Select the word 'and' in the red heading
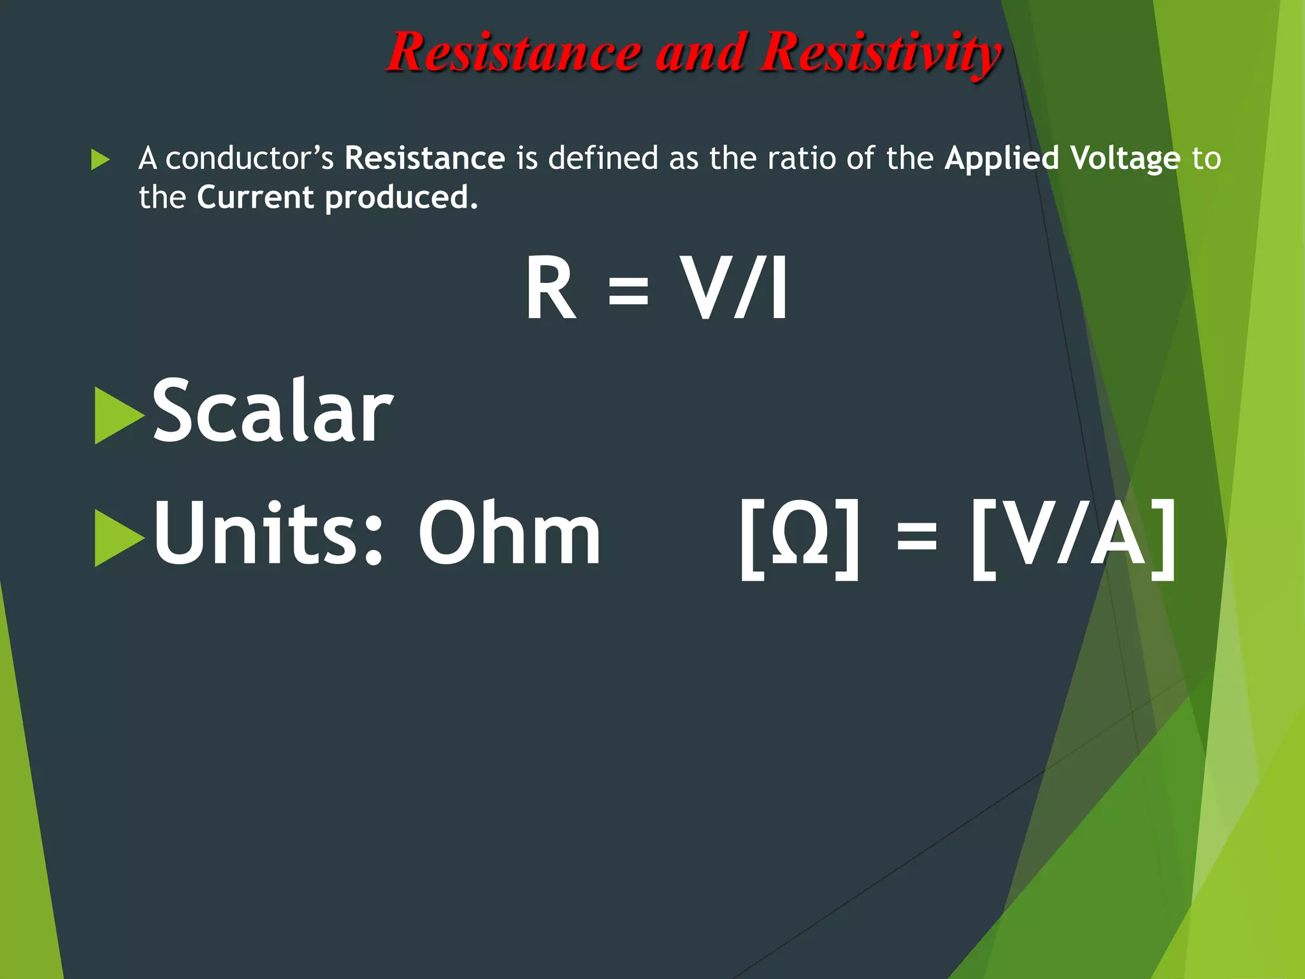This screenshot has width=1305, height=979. (700, 52)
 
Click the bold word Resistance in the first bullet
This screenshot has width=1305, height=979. (424, 158)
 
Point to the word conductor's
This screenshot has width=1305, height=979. (249, 158)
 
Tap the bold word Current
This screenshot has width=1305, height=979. (255, 198)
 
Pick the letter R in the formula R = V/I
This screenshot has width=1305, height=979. (550, 288)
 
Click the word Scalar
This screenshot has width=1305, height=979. (272, 410)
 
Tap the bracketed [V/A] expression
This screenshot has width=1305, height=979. (1073, 539)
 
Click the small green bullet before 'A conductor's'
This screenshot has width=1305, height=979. (100, 159)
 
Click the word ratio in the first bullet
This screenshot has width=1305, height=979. (801, 158)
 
